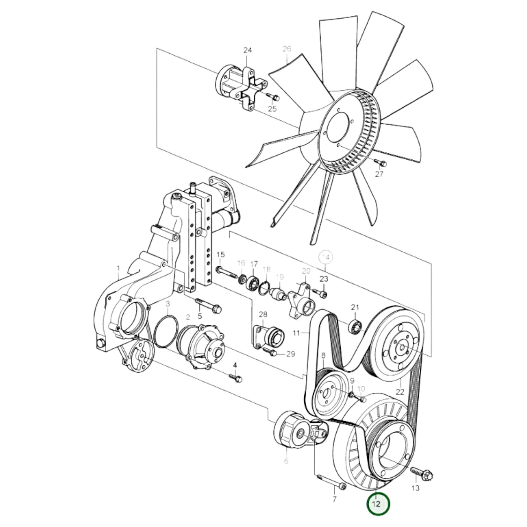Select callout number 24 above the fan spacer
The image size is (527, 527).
click(x=248, y=50)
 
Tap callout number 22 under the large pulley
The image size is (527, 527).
click(x=400, y=392)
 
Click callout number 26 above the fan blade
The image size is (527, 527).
click(x=287, y=49)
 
